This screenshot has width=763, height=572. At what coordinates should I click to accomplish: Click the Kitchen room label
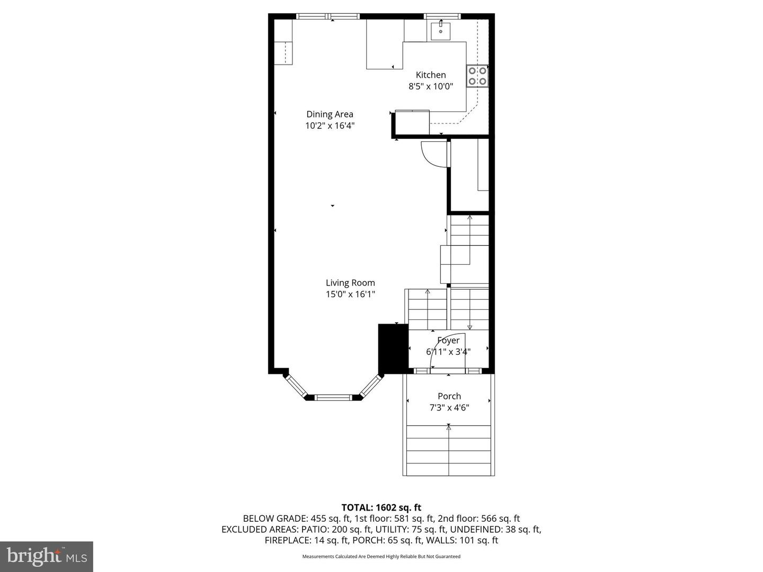pyautogui.click(x=430, y=75)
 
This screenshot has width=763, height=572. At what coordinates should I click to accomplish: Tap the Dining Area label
pyautogui.click(x=330, y=114)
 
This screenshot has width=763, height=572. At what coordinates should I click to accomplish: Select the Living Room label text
pyautogui.click(x=350, y=283)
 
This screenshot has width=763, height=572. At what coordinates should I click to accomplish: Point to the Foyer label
pyautogui.click(x=448, y=341)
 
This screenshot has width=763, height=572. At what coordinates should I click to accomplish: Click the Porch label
pyautogui.click(x=449, y=396)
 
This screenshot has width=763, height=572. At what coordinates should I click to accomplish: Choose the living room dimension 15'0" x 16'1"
pyautogui.click(x=350, y=294)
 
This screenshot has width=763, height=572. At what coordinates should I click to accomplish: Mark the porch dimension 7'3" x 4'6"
pyautogui.click(x=449, y=408)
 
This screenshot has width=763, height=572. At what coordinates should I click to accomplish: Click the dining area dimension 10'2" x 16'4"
pyautogui.click(x=330, y=126)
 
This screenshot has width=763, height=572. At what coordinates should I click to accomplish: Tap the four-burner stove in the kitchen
pyautogui.click(x=477, y=76)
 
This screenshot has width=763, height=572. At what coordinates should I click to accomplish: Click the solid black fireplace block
pyautogui.click(x=393, y=348)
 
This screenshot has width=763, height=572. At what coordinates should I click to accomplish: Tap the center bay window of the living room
pyautogui.click(x=334, y=397)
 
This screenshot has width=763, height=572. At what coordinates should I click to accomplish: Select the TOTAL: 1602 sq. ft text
pyautogui.click(x=381, y=508)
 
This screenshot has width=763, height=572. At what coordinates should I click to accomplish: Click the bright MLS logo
pyautogui.click(x=47, y=556)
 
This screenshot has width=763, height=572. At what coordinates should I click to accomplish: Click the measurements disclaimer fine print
pyautogui.click(x=381, y=557)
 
